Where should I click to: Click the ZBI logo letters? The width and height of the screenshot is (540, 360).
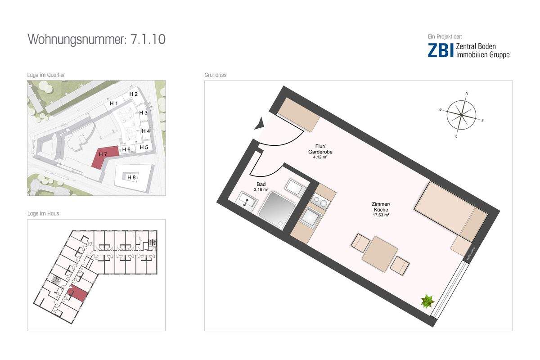[x=440, y=50]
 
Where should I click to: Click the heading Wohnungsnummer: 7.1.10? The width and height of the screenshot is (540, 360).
[x=97, y=39]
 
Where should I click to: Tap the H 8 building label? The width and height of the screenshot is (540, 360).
[x=131, y=177]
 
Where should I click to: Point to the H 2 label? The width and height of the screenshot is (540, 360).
[x=134, y=94]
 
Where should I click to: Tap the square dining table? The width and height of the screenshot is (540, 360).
[x=380, y=254]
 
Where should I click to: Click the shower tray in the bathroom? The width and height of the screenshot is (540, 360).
[x=275, y=210]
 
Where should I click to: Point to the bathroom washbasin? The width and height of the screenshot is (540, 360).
[x=246, y=200]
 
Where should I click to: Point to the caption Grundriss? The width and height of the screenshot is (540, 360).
[x=215, y=75]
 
